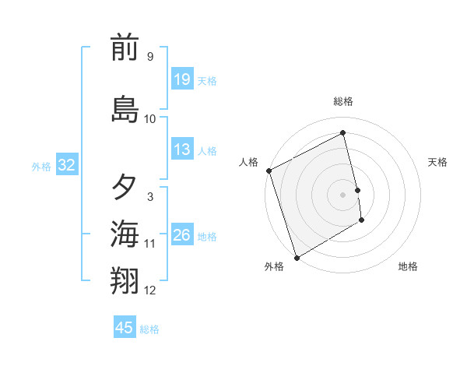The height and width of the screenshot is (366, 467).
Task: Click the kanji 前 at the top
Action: [x=125, y=49]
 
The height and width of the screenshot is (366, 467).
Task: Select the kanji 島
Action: [x=125, y=109]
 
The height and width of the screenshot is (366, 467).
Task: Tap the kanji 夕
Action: [x=125, y=187]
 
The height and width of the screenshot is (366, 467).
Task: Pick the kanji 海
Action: [x=125, y=233]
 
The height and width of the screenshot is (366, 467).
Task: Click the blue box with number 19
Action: [x=182, y=79]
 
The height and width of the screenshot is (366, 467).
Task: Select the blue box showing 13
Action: [x=182, y=150]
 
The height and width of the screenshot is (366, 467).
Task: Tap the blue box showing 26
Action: [x=182, y=235]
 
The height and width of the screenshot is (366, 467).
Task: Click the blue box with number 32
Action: [x=66, y=165]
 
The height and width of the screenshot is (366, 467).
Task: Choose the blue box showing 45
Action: [x=125, y=328]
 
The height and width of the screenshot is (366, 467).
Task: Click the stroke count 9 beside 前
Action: [x=149, y=56]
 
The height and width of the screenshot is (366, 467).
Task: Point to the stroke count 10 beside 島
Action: [x=150, y=118]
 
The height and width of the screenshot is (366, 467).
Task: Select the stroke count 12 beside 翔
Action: [x=150, y=290]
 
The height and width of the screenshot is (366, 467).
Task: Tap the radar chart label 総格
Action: [x=343, y=101]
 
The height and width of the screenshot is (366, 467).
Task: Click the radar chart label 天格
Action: [x=438, y=162]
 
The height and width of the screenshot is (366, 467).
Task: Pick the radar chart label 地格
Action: [x=408, y=267]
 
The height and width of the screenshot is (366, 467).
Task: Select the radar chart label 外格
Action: [x=274, y=267]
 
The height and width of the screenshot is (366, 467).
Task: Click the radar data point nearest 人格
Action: [x=269, y=171]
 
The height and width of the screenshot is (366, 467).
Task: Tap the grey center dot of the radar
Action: [x=342, y=195]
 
